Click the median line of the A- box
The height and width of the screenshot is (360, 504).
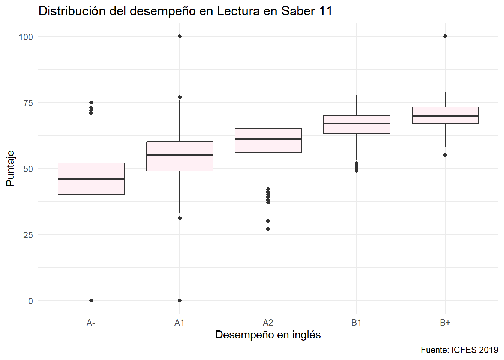pos(91,179)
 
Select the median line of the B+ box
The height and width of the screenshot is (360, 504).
pos(445,115)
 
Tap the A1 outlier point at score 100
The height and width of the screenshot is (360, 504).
pos(180,36)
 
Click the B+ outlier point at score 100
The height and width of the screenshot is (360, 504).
pos(445,36)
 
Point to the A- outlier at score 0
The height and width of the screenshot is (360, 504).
pos(91,300)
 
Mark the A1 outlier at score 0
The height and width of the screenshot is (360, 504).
pos(180,300)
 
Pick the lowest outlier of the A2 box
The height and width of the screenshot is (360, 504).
pos(268,229)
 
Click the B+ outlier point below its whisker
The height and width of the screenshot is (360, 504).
pos(445,155)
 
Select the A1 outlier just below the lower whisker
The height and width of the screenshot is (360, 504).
pos(180,218)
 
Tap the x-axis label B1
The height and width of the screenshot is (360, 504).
pos(357,322)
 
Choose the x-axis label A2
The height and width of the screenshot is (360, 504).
pos(268,322)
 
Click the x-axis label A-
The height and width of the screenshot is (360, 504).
pos(91,322)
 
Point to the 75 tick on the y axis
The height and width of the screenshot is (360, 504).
pos(28,103)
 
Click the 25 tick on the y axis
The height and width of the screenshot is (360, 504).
pos(28,235)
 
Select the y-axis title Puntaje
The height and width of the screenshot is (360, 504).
pos(10,168)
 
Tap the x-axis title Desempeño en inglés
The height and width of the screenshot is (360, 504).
pos(268,334)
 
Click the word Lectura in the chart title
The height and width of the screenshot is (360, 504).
pos(238,11)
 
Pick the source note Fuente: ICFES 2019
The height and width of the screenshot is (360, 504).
pos(459,350)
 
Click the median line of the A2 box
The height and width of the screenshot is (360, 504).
pos(268,139)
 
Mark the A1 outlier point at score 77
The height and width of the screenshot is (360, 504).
pos(180,97)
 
